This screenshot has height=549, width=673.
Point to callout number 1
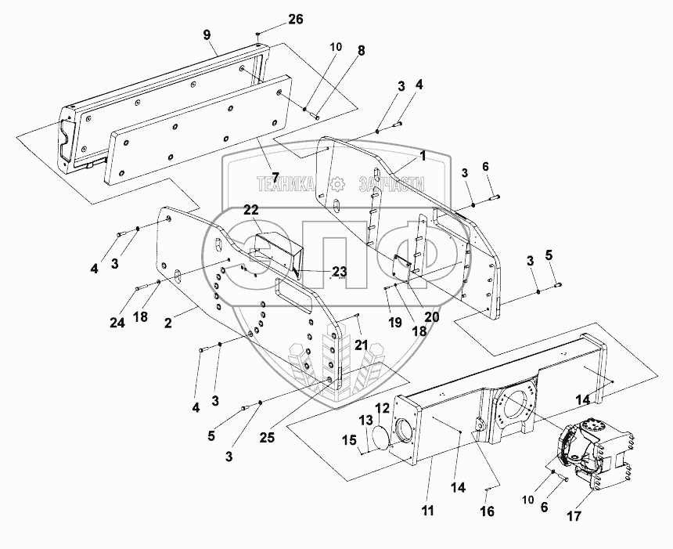(x=422, y=156)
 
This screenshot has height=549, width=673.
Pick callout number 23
(x=338, y=272)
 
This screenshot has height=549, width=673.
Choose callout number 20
(x=431, y=317)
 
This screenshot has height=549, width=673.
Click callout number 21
(x=361, y=345)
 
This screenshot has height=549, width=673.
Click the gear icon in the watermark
(x=338, y=185)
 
